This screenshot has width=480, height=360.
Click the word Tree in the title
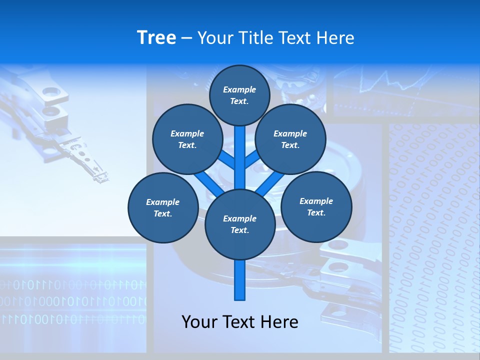tap(156, 38)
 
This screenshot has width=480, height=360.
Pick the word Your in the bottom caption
tap(200, 322)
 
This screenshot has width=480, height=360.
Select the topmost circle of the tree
tap(239, 95)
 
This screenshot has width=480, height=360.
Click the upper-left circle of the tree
tap(187, 139)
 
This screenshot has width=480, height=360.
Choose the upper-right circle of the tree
tap(290, 139)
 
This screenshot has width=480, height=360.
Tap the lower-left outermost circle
tap(163, 207)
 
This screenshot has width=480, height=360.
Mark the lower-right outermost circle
tap(316, 206)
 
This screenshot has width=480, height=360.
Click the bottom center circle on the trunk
tap(240, 224)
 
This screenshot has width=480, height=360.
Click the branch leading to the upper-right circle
tap(251, 159)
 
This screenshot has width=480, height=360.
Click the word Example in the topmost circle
tap(239, 89)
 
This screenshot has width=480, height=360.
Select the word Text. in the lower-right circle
tap(316, 212)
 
